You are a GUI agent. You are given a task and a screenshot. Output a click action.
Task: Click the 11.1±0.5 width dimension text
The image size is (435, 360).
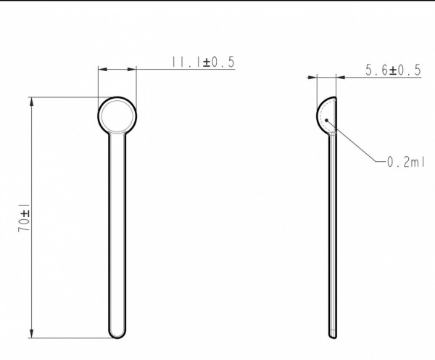click(x=203, y=62)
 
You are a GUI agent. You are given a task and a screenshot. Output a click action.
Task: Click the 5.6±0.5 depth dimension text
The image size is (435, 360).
click(x=393, y=70)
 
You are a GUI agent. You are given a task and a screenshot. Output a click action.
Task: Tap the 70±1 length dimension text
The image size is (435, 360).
click(x=24, y=218)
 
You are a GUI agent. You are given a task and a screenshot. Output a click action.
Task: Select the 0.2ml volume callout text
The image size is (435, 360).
click(x=405, y=162)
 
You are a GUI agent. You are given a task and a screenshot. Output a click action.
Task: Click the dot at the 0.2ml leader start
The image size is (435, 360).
click(x=327, y=120)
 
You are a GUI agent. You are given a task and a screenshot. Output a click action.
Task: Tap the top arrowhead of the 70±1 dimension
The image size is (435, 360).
click(x=31, y=102)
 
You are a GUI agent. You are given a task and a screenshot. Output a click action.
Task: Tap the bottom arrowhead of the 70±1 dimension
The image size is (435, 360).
click(x=31, y=333)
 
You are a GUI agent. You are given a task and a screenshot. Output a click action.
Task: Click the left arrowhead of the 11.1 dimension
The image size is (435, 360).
click(x=103, y=69)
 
